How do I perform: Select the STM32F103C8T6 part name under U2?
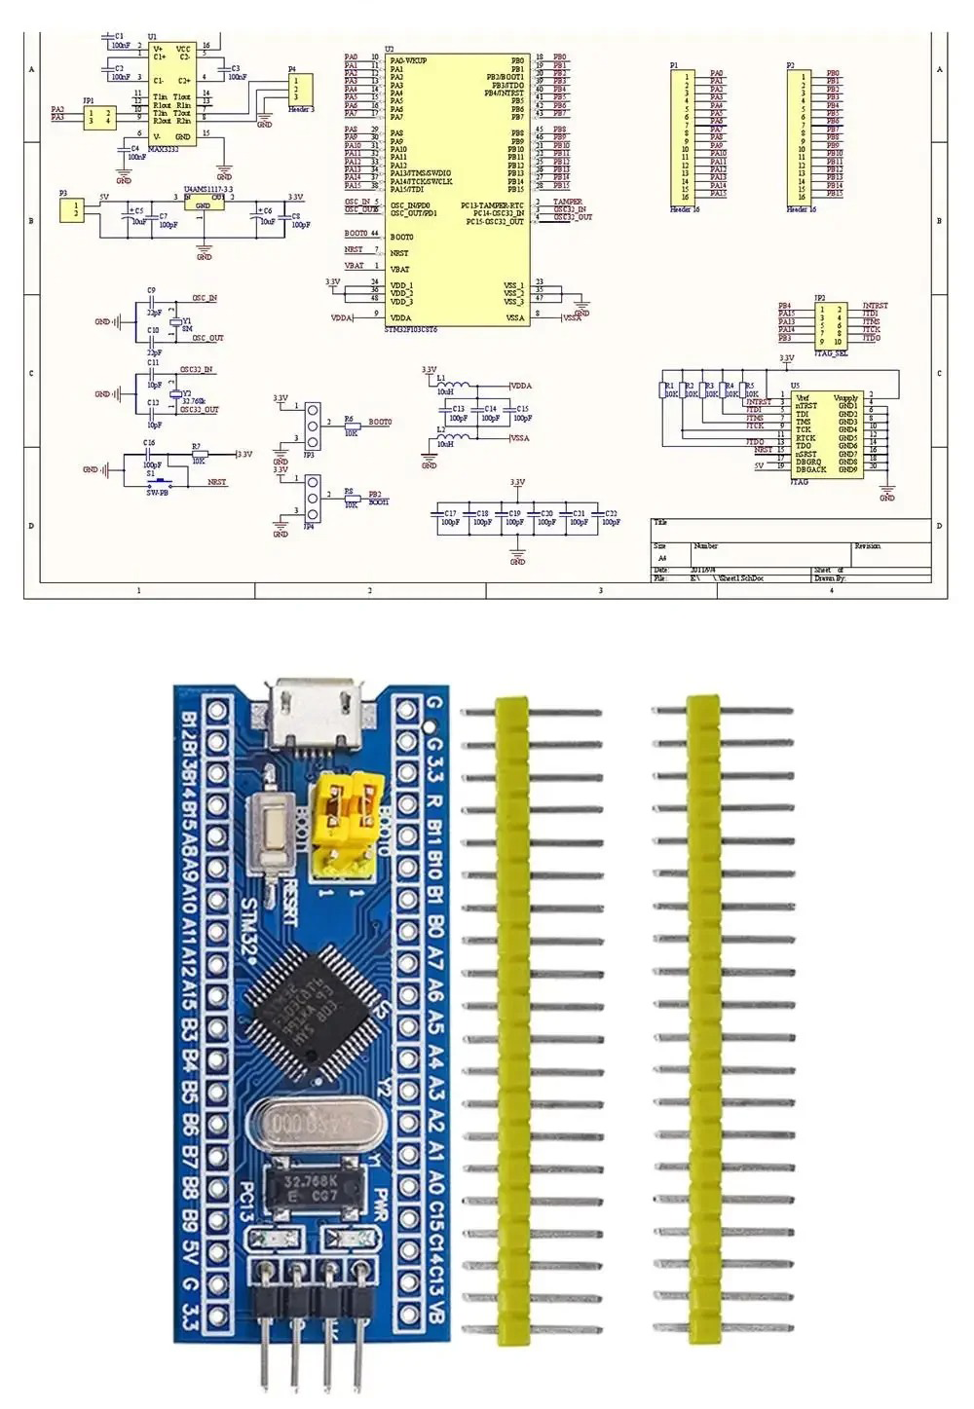[410, 330]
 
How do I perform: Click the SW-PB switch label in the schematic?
[157, 494]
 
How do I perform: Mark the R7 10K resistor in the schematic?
[197, 455]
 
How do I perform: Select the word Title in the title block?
[661, 523]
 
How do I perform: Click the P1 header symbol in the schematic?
[686, 135]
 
